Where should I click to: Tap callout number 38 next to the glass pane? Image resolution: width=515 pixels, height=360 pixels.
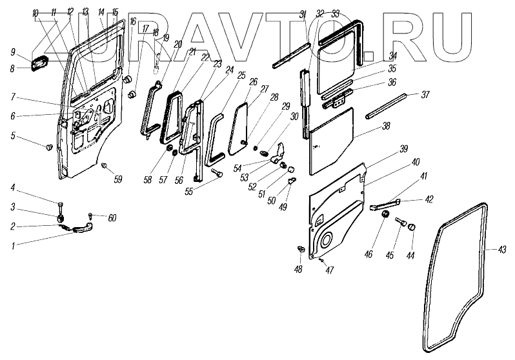(386, 127)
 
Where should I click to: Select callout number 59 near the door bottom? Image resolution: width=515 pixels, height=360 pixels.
(117, 179)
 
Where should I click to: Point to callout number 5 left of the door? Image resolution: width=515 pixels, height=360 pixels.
(12, 135)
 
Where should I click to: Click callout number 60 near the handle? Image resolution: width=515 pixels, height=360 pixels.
(112, 218)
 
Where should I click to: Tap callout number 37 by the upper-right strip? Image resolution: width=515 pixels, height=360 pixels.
(425, 94)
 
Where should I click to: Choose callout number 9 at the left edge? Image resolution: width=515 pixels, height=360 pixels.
(12, 51)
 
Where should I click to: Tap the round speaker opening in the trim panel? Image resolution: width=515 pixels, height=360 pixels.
(326, 240)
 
